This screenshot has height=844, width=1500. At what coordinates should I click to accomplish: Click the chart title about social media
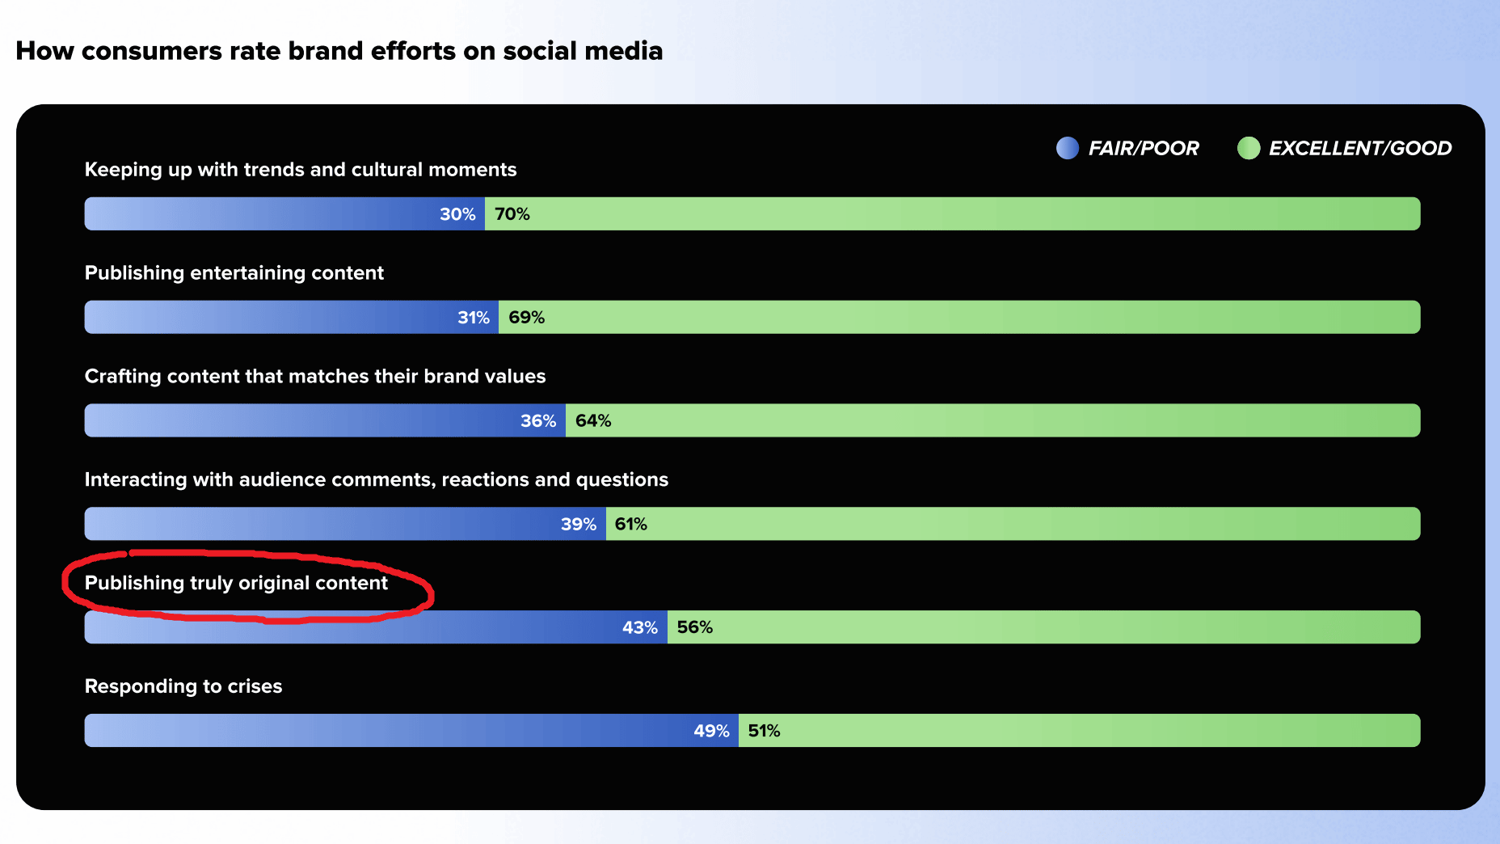click(339, 51)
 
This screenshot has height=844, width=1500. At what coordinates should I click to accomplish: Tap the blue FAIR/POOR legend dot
click(1068, 148)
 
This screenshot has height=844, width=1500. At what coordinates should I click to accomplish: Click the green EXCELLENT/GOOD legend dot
click(1249, 148)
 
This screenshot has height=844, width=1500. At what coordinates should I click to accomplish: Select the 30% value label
click(457, 214)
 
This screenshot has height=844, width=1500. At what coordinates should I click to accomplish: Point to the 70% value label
click(512, 214)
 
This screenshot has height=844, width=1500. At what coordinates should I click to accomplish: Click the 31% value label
click(474, 318)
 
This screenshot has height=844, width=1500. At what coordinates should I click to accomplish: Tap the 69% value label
click(527, 318)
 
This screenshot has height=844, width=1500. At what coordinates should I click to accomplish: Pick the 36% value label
click(538, 421)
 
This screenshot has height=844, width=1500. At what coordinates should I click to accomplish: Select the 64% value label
click(593, 421)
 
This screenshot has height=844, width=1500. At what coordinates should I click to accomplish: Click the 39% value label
click(579, 525)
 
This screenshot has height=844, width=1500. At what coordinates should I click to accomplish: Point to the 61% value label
click(631, 525)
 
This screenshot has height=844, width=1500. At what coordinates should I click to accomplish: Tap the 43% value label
click(640, 628)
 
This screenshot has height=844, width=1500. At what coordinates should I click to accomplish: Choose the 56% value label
click(695, 627)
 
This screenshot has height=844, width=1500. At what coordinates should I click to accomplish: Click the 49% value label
click(712, 732)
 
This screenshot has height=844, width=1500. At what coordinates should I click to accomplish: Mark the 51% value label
click(765, 732)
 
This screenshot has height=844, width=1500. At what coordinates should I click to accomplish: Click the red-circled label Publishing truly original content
click(236, 583)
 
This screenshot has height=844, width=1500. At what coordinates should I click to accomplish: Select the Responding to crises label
click(183, 686)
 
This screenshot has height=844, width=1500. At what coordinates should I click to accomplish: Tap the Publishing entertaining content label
click(234, 273)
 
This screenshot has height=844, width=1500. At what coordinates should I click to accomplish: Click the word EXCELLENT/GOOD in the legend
click(1360, 148)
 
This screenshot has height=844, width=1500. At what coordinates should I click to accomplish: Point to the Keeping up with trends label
click(301, 170)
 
